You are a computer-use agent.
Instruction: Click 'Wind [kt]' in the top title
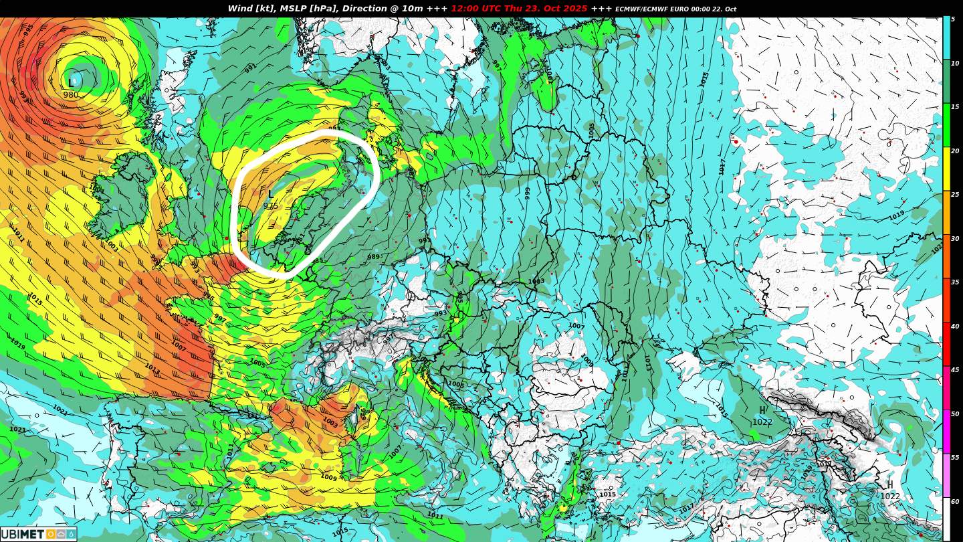point(251,9)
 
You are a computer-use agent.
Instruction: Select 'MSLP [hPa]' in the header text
point(306,9)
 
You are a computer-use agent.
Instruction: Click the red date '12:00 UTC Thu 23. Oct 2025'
point(519,9)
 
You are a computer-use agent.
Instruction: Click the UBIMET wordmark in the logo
point(22,534)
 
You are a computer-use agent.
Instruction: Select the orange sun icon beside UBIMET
point(51,534)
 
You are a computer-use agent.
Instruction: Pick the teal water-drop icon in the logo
point(71,534)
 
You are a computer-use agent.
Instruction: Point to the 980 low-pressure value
point(71,95)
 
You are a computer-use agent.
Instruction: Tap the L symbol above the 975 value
point(271,194)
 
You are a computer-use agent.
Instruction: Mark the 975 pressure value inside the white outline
point(271,205)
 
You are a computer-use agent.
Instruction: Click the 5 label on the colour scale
point(953,19)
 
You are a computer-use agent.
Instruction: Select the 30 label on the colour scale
point(955,239)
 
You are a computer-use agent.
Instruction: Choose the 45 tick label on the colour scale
point(955,370)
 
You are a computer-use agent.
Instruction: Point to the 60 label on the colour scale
point(955,502)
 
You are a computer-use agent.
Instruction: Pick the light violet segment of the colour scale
point(946,475)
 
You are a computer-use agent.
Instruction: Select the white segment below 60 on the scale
point(946,519)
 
